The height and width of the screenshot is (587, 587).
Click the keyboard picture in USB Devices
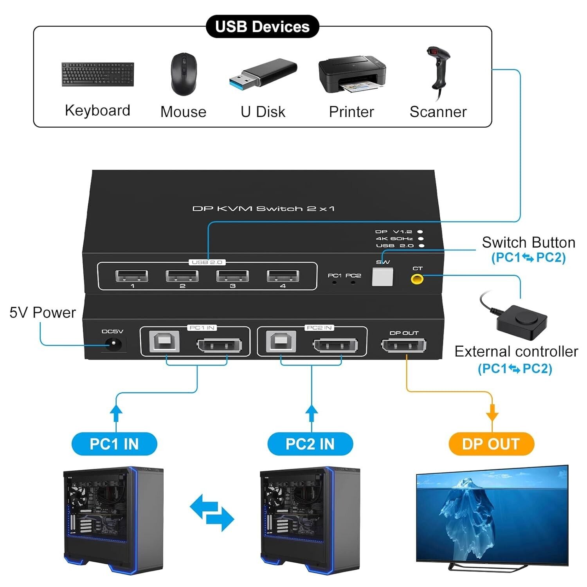click(97, 74)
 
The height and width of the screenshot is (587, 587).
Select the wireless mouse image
click(184, 74)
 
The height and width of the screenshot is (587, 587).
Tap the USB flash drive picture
click(263, 73)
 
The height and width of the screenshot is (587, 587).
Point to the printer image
click(352, 74)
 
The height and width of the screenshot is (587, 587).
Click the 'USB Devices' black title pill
click(262, 27)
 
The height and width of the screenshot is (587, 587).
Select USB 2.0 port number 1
click(132, 276)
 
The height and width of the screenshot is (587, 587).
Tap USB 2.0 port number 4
click(283, 276)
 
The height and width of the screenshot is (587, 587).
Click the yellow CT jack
click(417, 279)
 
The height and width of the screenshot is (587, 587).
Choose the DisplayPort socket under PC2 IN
click(335, 346)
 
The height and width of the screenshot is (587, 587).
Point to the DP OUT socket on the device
click(403, 346)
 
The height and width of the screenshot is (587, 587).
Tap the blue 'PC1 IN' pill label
click(114, 444)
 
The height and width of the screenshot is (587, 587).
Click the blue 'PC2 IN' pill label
click(310, 444)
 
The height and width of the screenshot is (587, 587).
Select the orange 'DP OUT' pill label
click(491, 444)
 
